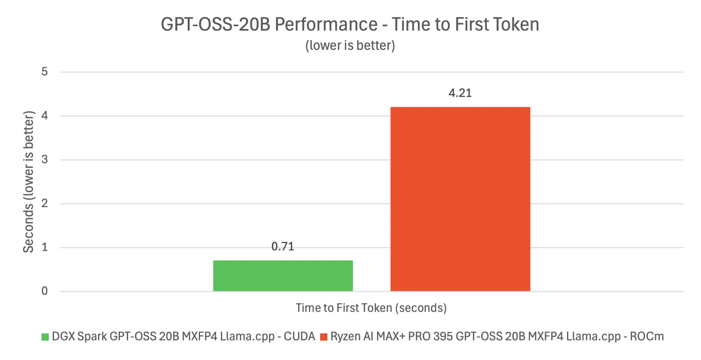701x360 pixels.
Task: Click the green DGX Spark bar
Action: point(283,275)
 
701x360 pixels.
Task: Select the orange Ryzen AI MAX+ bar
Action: point(460,199)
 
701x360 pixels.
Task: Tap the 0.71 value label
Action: point(283,246)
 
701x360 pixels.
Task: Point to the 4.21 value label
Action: point(460,93)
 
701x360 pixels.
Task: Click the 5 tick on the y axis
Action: point(44,72)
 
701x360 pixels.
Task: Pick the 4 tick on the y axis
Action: point(44,116)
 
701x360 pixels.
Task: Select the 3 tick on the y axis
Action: point(44,160)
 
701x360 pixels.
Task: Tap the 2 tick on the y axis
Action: point(44,204)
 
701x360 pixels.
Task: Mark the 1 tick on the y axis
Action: point(44,247)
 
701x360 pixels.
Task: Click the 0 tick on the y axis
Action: point(44,291)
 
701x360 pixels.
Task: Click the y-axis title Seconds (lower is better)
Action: point(28,182)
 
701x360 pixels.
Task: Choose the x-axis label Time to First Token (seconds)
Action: point(371,308)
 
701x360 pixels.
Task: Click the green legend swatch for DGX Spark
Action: point(45,337)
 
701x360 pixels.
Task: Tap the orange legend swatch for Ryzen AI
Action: point(324,337)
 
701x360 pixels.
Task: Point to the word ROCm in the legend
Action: point(647,336)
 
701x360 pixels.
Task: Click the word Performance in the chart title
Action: point(326,24)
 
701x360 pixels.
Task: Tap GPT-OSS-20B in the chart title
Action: point(215,24)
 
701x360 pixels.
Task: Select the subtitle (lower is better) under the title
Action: point(350,45)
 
